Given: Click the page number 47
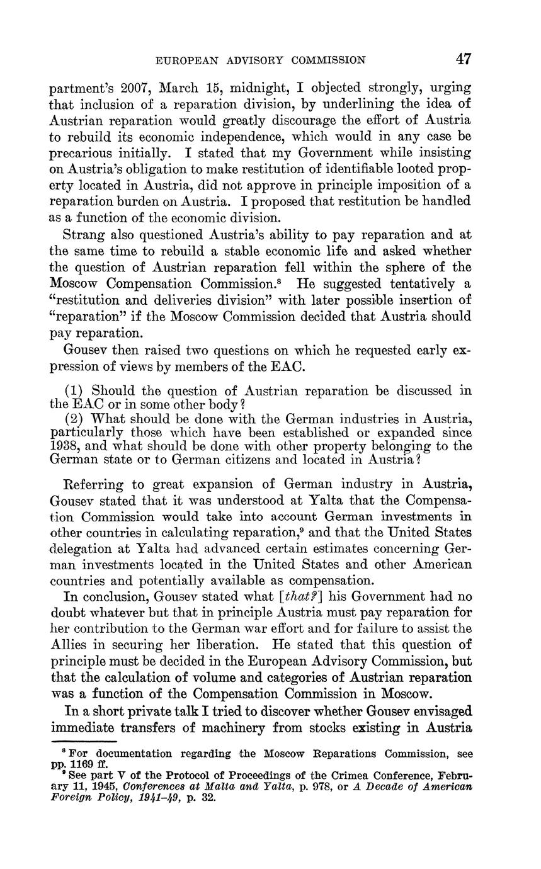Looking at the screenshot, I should coord(464,59).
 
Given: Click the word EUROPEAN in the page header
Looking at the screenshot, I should coord(185,60).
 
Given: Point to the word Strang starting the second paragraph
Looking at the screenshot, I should coord(84,235).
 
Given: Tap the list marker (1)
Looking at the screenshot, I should coord(76,390).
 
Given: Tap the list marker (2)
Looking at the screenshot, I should coord(76,418).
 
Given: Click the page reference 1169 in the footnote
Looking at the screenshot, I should coord(77,764).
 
